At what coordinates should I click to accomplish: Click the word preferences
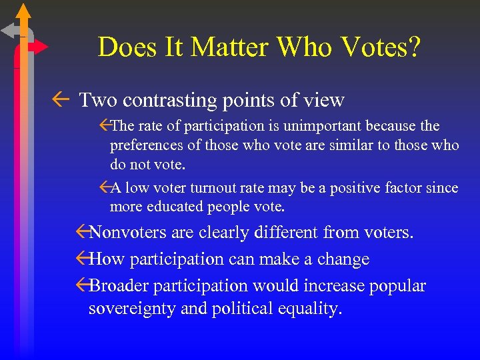click(146, 145)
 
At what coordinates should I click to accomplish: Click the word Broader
click(119, 286)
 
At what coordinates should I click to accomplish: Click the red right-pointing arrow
click(39, 47)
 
